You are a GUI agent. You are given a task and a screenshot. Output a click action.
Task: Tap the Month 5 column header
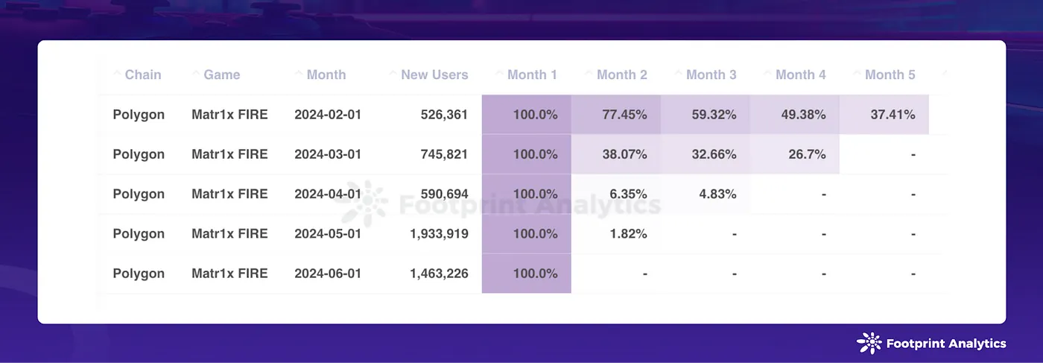890,75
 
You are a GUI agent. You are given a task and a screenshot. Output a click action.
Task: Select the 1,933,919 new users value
439,233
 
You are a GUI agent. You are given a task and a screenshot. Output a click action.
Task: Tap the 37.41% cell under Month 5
893,115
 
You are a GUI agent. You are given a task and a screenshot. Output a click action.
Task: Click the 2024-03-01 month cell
328,154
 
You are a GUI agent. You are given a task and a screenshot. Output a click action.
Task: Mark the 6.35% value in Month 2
628,194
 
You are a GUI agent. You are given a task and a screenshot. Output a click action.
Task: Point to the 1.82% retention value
628,233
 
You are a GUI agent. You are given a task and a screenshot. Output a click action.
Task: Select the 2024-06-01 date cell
328,273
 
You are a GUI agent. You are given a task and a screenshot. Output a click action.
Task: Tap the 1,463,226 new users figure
439,273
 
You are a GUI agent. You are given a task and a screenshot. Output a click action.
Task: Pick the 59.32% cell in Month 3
714,115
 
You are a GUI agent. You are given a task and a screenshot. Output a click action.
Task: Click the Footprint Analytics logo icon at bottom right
869,343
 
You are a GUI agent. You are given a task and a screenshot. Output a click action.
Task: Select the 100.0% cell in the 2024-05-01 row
535,233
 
